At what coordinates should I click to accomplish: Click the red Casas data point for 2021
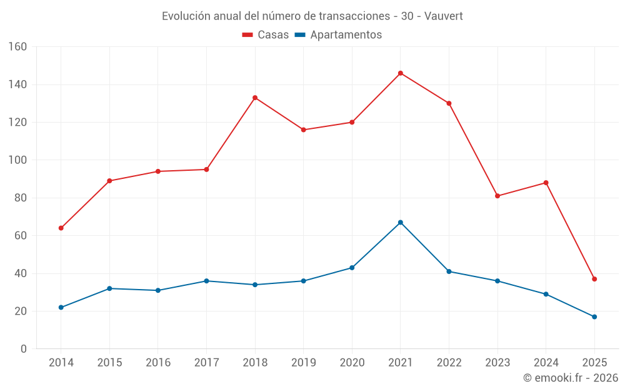tap(401, 73)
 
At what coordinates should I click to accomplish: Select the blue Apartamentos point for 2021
tap(401, 222)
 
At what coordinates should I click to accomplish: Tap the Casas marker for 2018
tap(255, 98)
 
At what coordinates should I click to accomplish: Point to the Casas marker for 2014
tap(61, 228)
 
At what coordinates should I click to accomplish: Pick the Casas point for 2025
tap(594, 279)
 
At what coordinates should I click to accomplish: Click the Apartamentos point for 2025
tap(594, 317)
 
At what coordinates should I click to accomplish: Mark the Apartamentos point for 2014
tap(61, 307)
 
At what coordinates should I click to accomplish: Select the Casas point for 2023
tap(497, 196)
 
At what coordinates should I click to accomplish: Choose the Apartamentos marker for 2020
tap(352, 268)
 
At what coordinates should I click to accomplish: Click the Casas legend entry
tap(266, 35)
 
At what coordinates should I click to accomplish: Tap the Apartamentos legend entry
tap(338, 35)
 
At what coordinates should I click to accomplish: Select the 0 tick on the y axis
tap(24, 349)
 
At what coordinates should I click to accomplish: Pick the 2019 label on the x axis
tap(303, 363)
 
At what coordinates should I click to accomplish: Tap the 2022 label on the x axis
tap(449, 363)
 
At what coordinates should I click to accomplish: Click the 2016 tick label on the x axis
tap(157, 363)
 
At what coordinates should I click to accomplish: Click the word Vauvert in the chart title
tap(444, 16)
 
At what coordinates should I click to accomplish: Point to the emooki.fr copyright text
tap(571, 378)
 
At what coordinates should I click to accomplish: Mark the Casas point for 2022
tap(449, 103)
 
